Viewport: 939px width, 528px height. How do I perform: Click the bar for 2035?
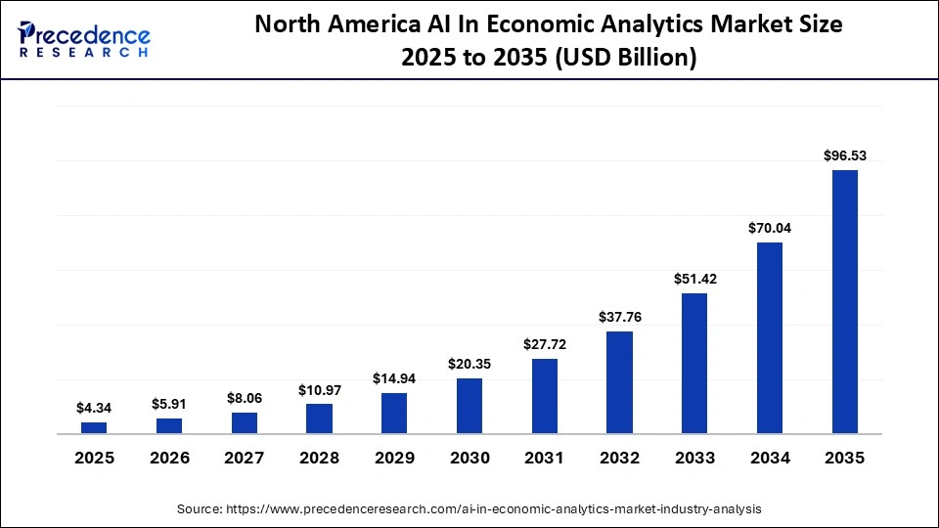click(x=844, y=301)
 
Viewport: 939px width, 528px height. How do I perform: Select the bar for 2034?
click(x=770, y=337)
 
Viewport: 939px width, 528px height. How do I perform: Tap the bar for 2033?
click(x=694, y=363)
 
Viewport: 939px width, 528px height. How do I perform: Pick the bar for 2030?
click(x=469, y=406)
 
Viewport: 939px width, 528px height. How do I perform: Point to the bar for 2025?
click(x=94, y=427)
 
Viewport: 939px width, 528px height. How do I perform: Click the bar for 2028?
click(x=319, y=418)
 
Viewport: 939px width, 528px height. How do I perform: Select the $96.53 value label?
click(x=844, y=154)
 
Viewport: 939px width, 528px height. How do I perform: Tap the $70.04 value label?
click(x=770, y=227)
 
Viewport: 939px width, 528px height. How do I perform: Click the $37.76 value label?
click(x=619, y=316)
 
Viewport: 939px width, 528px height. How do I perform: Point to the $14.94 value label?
click(x=394, y=377)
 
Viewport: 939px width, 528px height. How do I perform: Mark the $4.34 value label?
click(x=94, y=407)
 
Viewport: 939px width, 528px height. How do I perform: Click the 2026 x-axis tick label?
click(x=169, y=458)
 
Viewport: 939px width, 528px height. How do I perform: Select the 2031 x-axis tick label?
click(x=545, y=458)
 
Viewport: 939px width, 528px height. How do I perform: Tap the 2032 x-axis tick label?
click(x=619, y=458)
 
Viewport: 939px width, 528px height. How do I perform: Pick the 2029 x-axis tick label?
click(x=394, y=458)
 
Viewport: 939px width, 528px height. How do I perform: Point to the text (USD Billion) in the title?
click(x=627, y=58)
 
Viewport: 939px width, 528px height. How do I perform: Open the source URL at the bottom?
click(x=493, y=509)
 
